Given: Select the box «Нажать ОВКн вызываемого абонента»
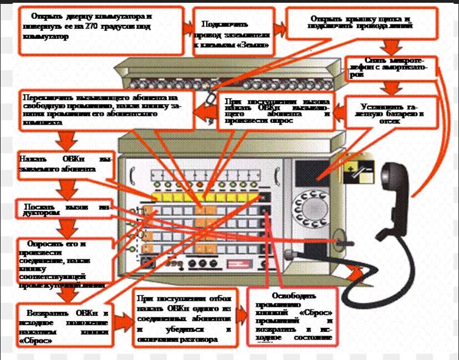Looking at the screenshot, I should pyautogui.click(x=65, y=165).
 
